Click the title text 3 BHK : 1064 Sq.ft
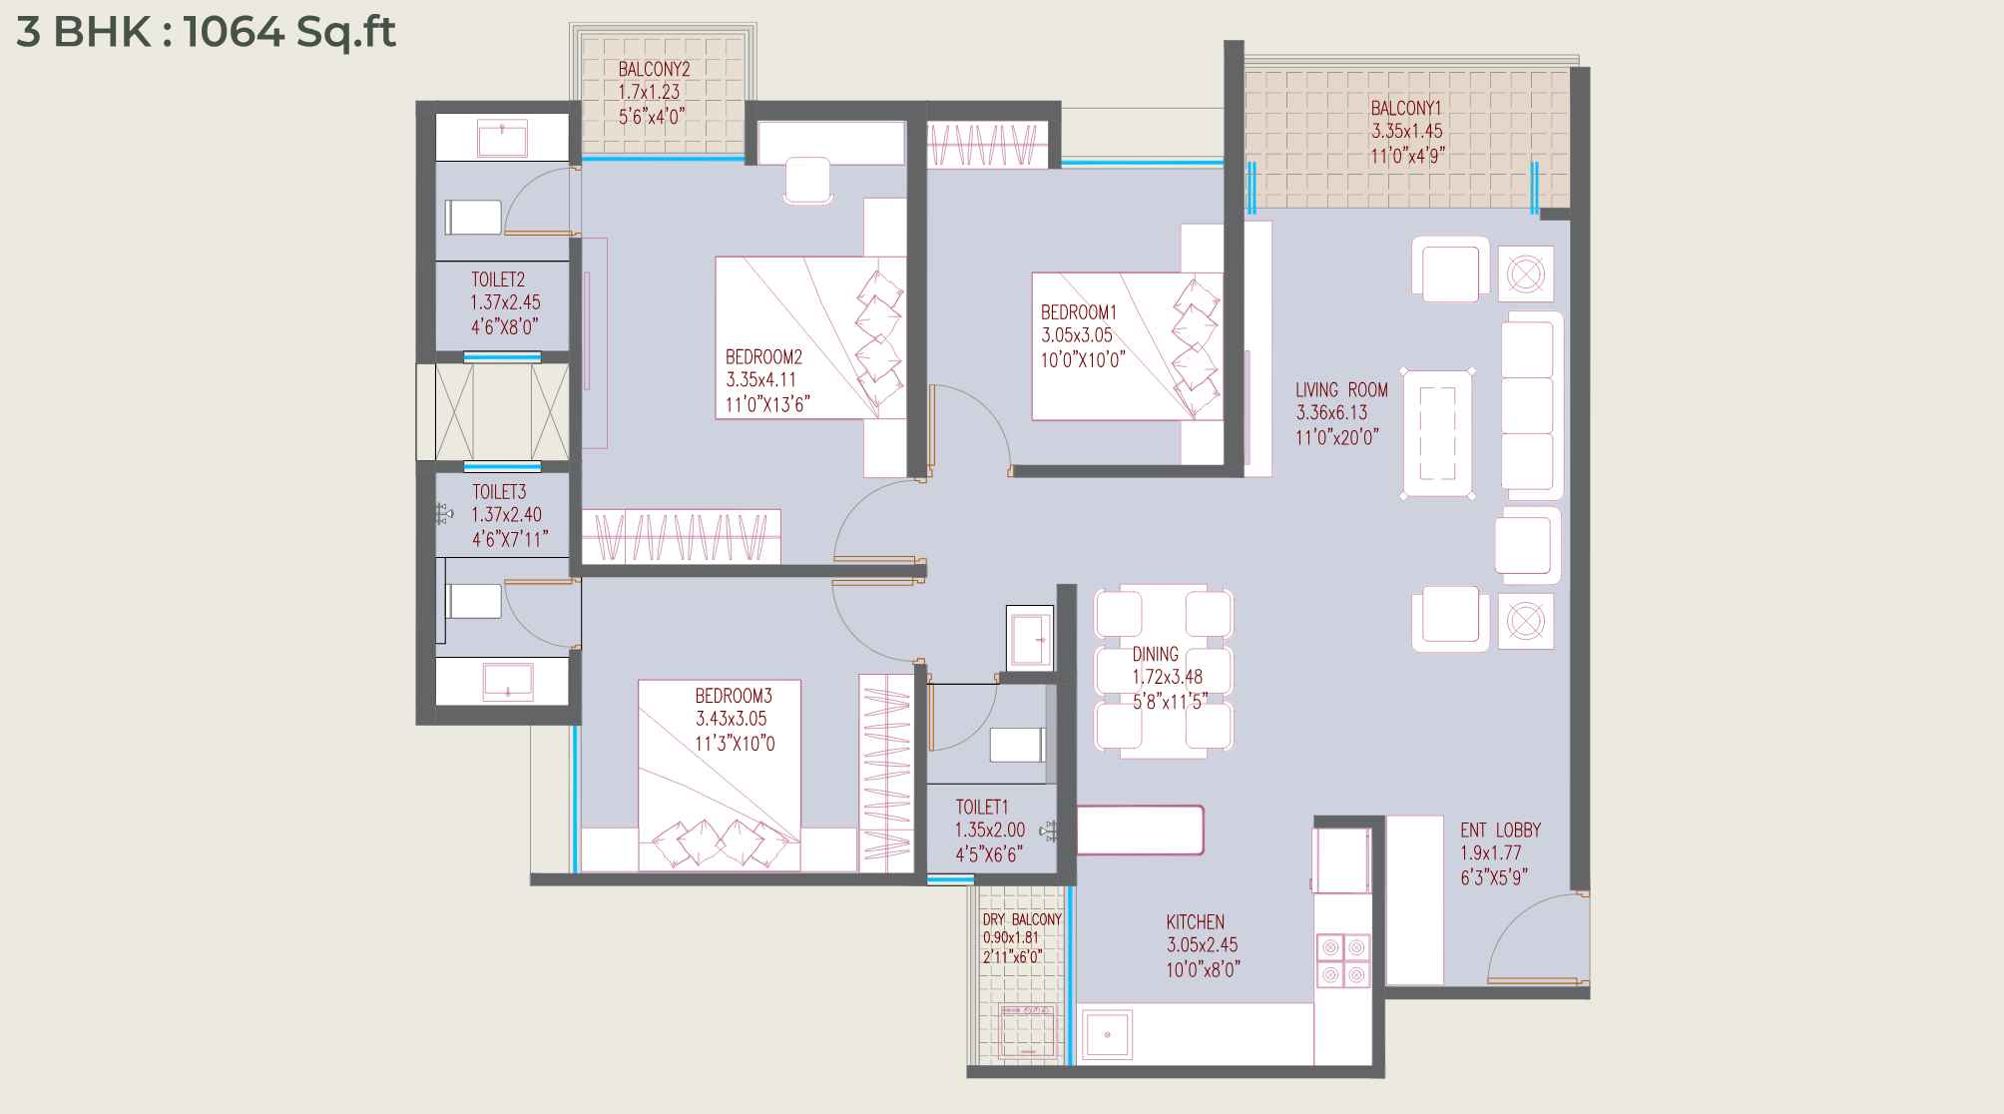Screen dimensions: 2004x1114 coord(207,32)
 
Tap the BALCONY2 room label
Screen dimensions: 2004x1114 coord(654,69)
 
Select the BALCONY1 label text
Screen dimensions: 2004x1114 coord(1405,108)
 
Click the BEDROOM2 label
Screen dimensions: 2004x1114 coord(763,356)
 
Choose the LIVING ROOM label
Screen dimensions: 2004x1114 coord(1341,389)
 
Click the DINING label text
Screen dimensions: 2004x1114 coord(1156,654)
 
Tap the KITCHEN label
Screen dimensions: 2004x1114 coord(1195,921)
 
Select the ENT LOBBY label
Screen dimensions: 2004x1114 coord(1500,830)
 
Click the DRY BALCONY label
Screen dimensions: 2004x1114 coord(1021,919)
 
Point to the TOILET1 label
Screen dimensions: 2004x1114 coord(983,807)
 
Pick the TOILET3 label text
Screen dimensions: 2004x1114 coord(499,491)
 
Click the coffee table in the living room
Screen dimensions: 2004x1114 coord(1438,432)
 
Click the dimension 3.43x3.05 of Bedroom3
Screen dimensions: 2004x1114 coord(732,719)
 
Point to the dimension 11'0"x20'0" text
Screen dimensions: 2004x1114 coord(1338,436)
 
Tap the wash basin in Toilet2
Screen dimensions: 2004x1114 coord(502,139)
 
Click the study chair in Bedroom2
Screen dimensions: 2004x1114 coord(808,180)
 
